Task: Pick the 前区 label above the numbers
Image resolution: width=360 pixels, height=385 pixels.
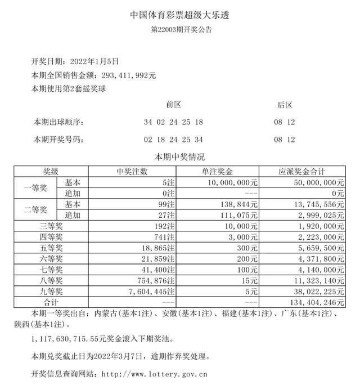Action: click(x=173, y=105)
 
